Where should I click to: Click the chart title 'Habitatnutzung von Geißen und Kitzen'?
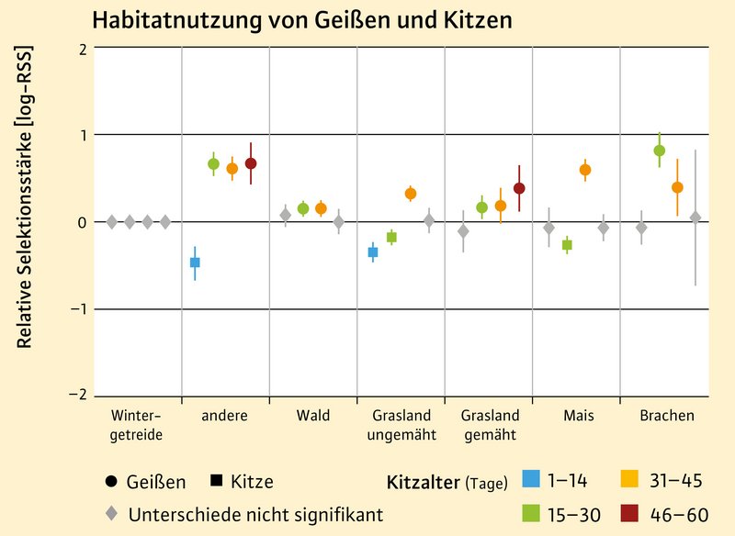pos(301,19)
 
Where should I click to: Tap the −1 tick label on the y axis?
pos(76,309)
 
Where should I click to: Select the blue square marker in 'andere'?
pos(195,262)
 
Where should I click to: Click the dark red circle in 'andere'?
pos(251,163)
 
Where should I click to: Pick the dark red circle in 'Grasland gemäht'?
pos(519,188)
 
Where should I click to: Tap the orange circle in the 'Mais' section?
pos(585,170)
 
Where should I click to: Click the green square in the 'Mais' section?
pos(567,245)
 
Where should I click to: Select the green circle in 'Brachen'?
pos(659,151)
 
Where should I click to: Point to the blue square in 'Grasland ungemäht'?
pos(373,251)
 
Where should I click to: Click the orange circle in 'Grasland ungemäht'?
pos(411,194)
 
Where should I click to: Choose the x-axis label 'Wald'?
pos(312,416)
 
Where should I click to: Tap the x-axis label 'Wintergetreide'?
pos(136,425)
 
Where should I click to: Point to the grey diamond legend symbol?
pos(111,514)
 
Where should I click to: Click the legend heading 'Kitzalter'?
pos(421,480)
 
